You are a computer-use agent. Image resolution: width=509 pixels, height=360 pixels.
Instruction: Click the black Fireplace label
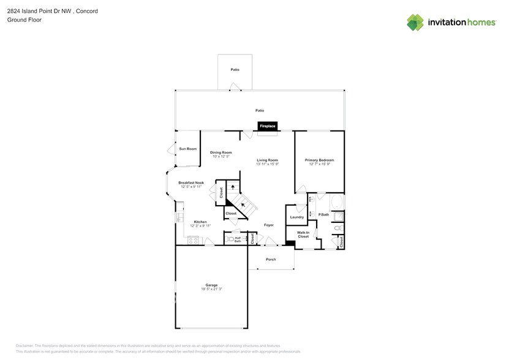point(268,126)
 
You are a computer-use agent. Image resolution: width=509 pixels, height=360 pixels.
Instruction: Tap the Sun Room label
point(187,149)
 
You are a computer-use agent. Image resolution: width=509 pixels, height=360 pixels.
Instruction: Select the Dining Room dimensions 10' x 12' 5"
point(221,157)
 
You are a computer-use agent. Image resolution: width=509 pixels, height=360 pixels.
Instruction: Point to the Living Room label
point(268,160)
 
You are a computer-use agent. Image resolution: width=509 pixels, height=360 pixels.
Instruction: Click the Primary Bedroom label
point(320,160)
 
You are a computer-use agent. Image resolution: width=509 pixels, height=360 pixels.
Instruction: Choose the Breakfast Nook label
point(190,182)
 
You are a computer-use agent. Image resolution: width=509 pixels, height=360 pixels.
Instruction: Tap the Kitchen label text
point(200,222)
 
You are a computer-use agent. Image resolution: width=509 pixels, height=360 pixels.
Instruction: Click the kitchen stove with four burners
point(194,241)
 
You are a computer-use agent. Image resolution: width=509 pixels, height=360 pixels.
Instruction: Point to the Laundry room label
point(297,217)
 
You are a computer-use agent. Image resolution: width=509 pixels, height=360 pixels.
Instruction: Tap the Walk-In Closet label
point(303,234)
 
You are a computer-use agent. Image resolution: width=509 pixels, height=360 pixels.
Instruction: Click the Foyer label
point(269,225)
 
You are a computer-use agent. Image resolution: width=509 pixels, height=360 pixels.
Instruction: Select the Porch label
point(271,259)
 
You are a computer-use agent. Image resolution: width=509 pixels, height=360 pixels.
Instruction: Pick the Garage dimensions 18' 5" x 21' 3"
point(211,289)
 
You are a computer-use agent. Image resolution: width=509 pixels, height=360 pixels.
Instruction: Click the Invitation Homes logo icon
point(415,23)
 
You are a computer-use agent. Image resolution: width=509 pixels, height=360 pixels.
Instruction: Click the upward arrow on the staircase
point(233,187)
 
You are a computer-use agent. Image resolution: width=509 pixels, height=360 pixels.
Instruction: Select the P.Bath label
point(324,214)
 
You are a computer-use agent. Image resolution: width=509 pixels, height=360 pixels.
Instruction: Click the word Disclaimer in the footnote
point(25,346)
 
